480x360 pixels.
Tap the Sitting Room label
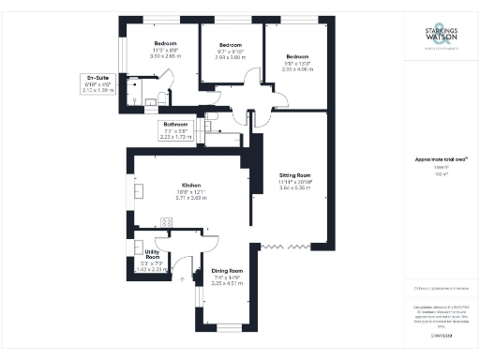(295, 174)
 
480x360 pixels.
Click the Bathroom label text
(176, 123)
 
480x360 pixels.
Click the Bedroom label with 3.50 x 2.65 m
(167, 44)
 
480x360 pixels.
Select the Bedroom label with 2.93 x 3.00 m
(231, 45)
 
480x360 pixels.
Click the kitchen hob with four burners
(167, 222)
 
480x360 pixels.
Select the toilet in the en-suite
(163, 97)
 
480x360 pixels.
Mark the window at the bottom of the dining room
(229, 326)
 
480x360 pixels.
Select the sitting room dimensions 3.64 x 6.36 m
(295, 187)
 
